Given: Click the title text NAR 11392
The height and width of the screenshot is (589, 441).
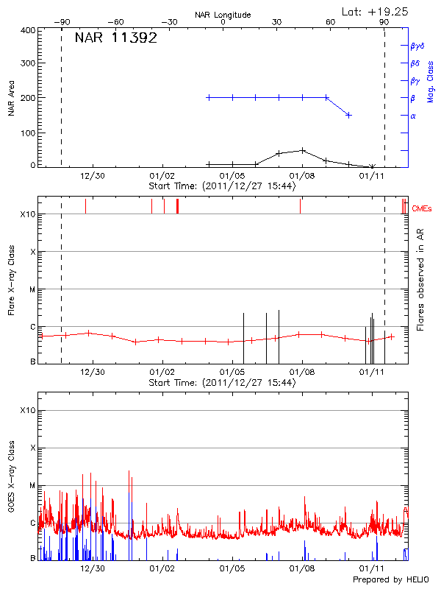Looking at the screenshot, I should point(115,39).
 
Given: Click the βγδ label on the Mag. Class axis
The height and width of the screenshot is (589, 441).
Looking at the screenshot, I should point(417,46).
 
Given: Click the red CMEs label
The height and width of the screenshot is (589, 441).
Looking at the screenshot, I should point(422,209).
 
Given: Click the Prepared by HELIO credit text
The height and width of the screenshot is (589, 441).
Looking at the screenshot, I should point(390,580).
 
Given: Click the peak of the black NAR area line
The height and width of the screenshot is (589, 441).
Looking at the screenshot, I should point(302,150).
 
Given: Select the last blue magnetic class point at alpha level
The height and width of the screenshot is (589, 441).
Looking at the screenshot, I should point(348,115).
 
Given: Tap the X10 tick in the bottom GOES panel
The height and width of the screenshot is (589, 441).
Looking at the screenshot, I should point(27,410).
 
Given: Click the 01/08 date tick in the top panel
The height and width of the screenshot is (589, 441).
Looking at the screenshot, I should point(302,177).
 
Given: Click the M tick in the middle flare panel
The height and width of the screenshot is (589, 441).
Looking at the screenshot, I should point(32,289).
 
